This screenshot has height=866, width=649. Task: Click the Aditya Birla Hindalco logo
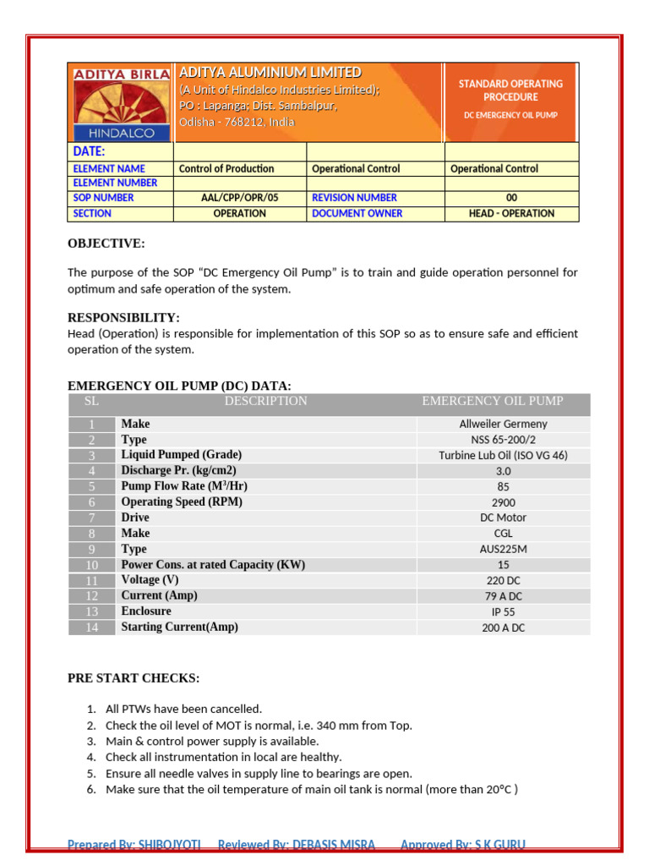121,102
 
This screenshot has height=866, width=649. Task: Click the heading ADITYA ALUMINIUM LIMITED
270,73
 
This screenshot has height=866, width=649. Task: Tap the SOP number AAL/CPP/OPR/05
239,198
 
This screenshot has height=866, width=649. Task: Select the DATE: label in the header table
89,151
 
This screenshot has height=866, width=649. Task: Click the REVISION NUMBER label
354,198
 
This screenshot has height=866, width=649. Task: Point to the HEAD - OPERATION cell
511,214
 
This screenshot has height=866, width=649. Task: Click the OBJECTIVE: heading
106,244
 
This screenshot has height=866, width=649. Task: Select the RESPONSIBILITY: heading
123,318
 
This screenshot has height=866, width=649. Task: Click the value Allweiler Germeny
503,425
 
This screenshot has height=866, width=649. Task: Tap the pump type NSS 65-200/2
503,440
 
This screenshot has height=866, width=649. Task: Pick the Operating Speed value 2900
503,502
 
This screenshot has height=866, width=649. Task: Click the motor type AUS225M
503,549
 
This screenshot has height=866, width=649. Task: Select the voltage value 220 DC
503,580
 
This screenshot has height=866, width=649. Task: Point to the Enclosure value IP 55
503,611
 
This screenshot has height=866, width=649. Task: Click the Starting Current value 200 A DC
503,628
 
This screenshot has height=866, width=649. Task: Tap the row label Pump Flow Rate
184,486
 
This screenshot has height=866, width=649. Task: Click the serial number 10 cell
92,565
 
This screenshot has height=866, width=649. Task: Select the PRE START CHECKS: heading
134,678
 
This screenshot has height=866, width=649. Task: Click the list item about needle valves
259,773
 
